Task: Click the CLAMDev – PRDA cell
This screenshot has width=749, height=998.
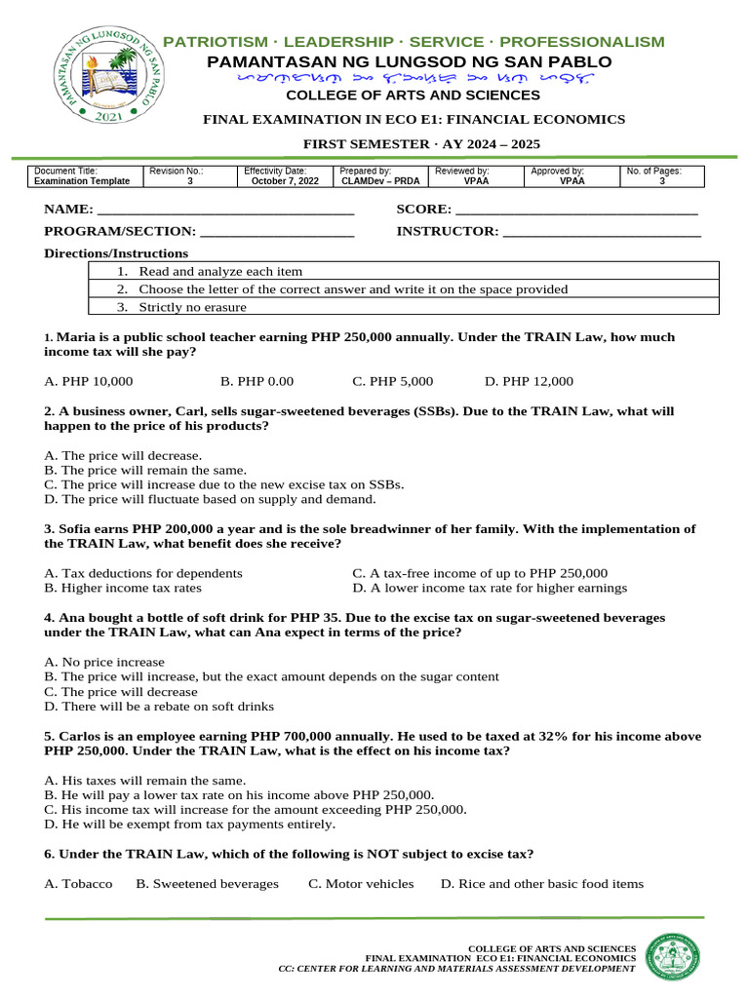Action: (380, 181)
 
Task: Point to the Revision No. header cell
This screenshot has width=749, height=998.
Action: (176, 171)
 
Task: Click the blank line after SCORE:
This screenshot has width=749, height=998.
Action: (576, 210)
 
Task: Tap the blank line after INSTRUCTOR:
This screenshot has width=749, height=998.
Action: (601, 231)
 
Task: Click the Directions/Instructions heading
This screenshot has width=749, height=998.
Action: (116, 253)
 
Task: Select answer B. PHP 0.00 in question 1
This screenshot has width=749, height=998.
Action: (256, 381)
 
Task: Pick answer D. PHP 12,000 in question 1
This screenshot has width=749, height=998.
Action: (529, 381)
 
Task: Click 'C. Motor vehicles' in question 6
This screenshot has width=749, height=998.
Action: (361, 883)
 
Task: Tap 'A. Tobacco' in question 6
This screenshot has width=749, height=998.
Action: (79, 883)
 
